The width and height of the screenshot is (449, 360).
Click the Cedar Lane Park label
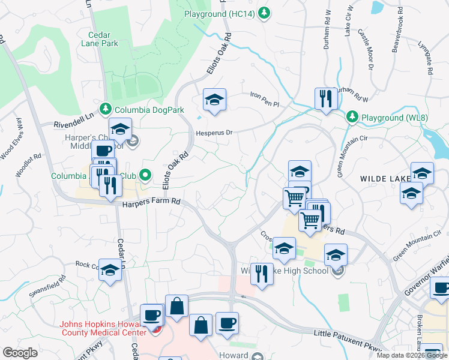tap(99, 39)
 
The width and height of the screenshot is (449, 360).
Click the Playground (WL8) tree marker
tap(352, 117)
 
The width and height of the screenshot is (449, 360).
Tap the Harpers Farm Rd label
tap(151, 203)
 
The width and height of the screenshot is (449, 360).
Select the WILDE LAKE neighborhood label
tap(384, 179)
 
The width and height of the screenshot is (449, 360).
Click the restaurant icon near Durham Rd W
tap(325, 98)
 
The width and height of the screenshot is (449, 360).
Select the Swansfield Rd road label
tap(47, 287)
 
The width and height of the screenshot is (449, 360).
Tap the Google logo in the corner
tap(20, 352)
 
